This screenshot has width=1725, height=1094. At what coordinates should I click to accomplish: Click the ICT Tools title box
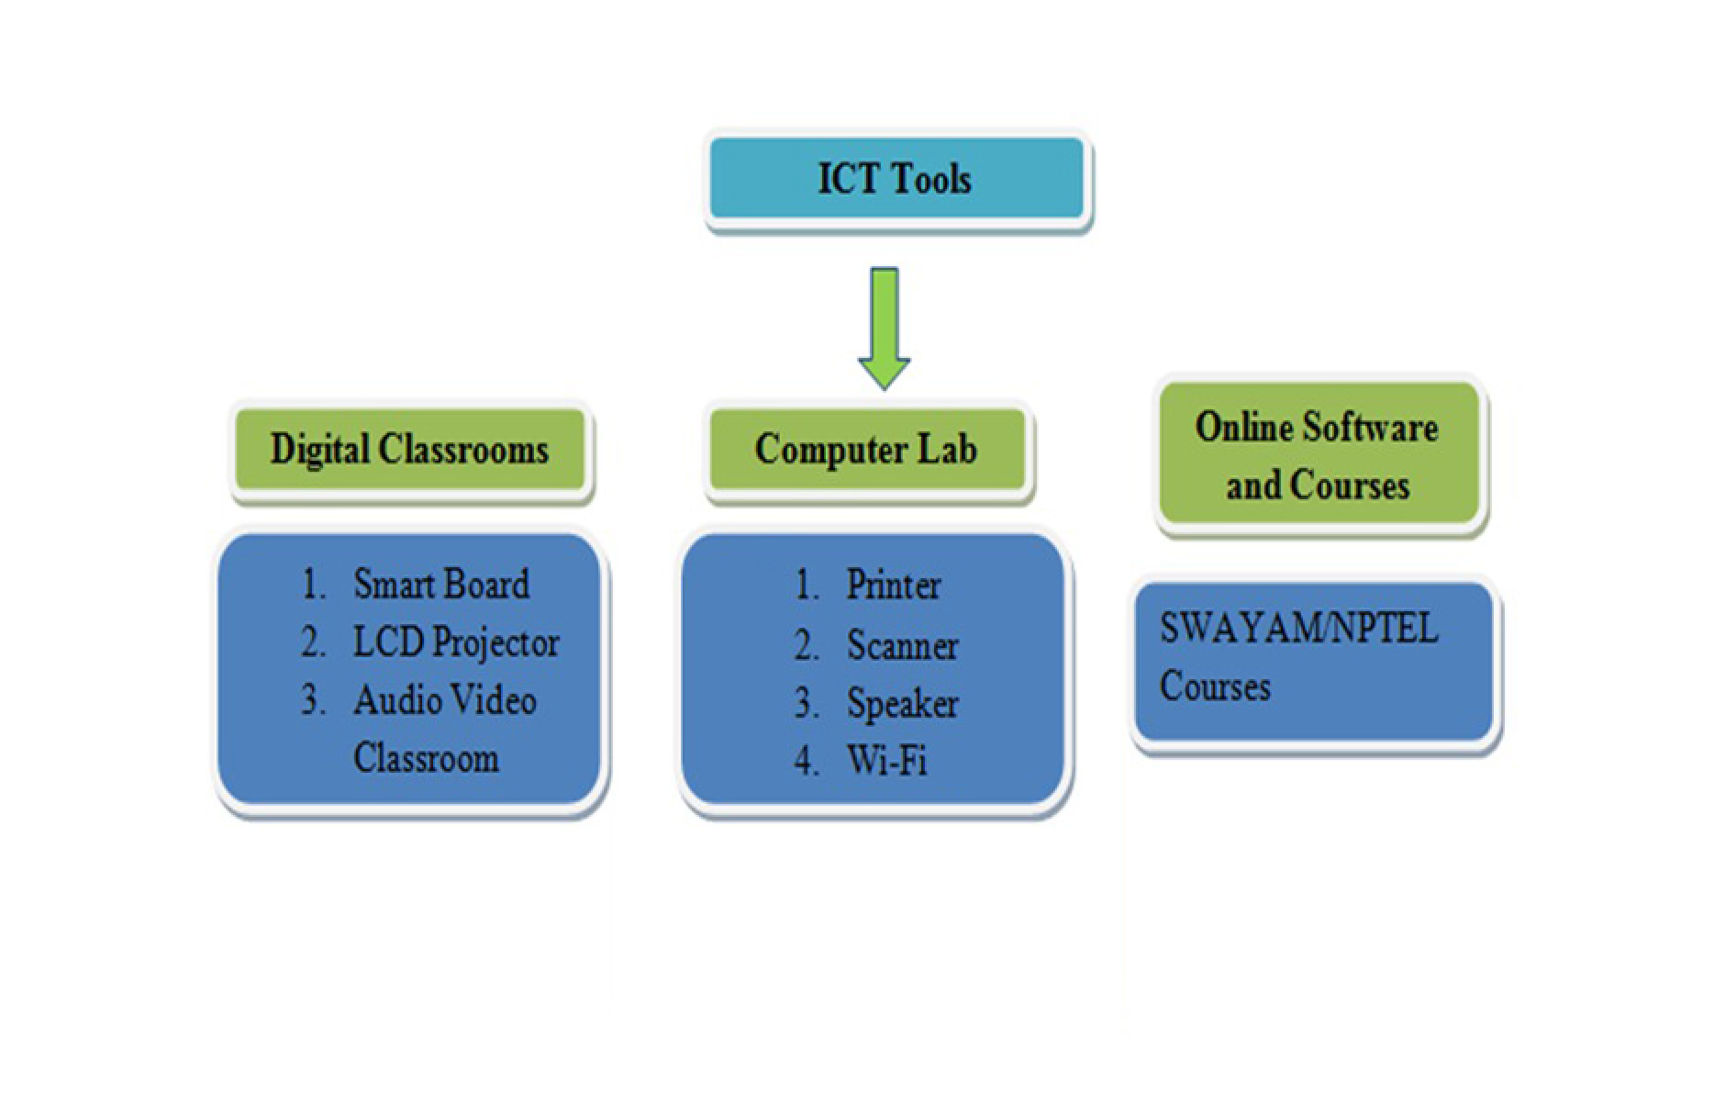896,178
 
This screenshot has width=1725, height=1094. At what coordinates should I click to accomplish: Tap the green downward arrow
885,328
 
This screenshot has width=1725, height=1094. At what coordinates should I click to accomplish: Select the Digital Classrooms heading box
409,450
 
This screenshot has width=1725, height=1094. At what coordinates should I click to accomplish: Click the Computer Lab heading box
867,450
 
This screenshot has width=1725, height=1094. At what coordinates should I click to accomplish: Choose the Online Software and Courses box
1319,454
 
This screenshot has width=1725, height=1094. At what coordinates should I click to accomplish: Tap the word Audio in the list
393,701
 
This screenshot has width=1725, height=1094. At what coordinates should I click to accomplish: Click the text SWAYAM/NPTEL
1298,629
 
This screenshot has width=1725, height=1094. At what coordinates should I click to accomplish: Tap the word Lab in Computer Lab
946,450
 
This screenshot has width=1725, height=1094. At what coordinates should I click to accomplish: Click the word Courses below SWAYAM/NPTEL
1215,687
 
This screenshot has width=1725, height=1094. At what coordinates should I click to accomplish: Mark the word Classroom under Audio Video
426,759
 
